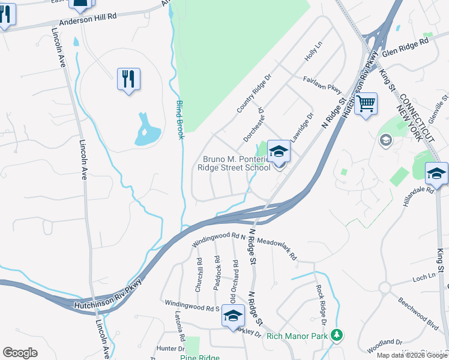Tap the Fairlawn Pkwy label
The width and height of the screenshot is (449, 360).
tap(322, 83)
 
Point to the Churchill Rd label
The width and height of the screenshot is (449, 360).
tap(199, 274)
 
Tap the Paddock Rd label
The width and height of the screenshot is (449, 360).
tap(217, 273)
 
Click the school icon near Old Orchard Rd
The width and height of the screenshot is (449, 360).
tap(232, 316)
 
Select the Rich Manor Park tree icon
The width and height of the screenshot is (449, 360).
tap(338, 335)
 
